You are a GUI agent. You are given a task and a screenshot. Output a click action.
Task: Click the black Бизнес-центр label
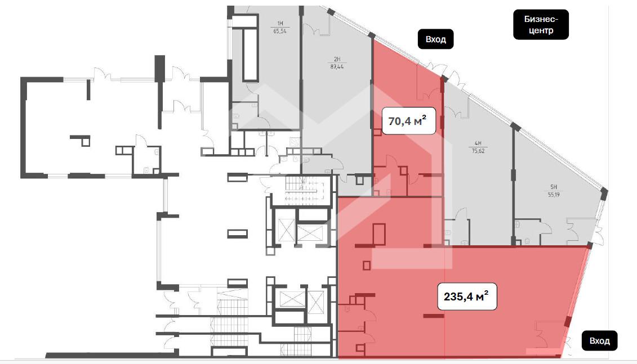(541, 24)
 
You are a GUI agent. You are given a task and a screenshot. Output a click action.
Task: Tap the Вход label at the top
(435, 39)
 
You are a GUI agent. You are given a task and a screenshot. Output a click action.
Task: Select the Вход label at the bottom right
(599, 340)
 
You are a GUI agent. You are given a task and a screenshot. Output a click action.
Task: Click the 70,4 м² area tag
(409, 120)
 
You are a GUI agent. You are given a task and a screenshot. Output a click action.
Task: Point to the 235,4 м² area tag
(467, 296)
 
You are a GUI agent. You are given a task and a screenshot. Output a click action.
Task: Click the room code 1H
(279, 23)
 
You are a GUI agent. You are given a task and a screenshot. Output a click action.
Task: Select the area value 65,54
(279, 32)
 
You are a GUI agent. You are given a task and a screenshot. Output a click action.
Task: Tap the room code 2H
(337, 59)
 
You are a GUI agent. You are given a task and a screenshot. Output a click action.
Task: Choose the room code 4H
(477, 143)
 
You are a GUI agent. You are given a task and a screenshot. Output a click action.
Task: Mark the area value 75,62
(477, 150)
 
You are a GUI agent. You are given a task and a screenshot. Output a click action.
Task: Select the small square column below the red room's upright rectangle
(367, 265)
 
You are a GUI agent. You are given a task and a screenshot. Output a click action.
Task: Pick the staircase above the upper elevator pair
(300, 191)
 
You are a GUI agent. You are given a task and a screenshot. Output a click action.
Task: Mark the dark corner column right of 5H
(604, 194)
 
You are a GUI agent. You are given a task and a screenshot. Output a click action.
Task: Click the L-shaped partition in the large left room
(81, 139)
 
